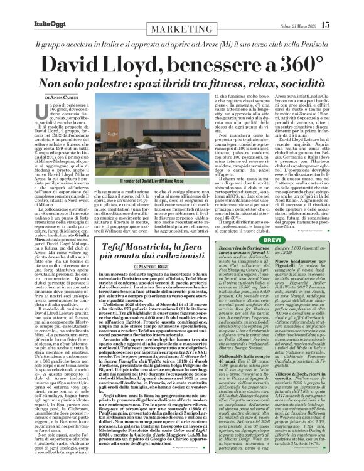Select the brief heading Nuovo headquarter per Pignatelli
309,263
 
